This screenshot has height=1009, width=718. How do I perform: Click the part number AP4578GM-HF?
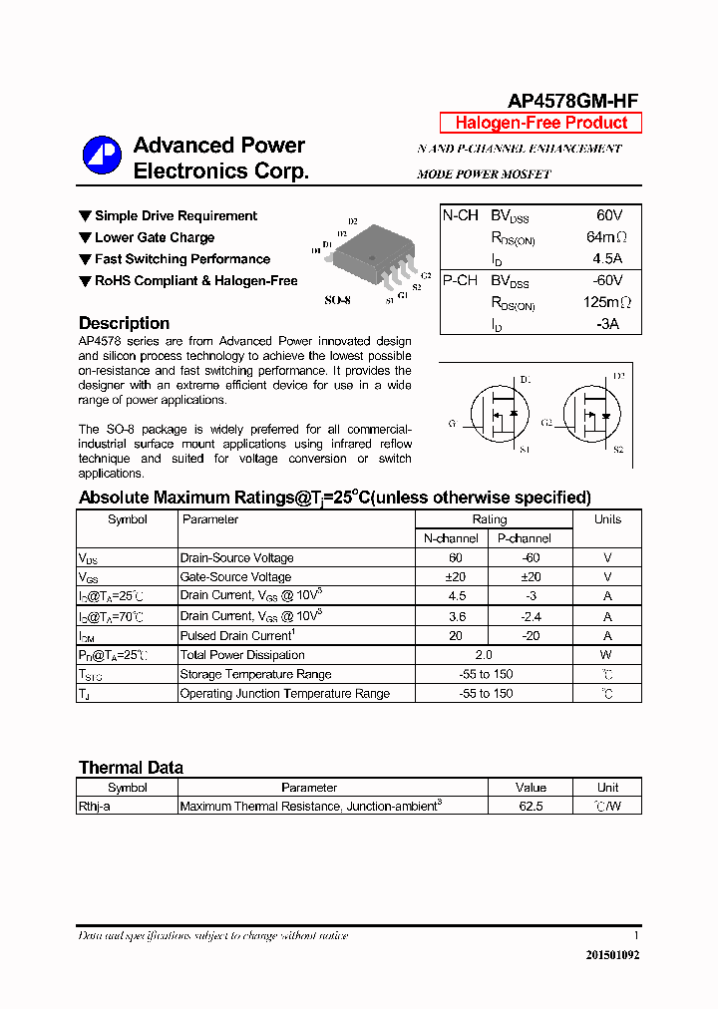point(573,100)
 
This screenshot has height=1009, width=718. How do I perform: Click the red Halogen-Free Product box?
point(540,123)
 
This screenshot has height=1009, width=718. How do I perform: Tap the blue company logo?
point(101,156)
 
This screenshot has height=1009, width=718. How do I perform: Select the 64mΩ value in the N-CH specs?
point(607,237)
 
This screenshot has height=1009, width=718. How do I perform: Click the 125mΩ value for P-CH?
point(607,302)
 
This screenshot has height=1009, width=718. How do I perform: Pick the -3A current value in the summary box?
point(608,324)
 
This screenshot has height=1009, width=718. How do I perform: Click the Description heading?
point(124,323)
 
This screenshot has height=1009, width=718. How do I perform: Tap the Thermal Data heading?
point(131,768)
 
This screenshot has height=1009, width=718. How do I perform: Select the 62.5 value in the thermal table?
point(532,806)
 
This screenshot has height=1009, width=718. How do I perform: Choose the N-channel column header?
point(451,538)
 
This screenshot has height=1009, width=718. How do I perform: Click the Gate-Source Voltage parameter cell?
point(235,577)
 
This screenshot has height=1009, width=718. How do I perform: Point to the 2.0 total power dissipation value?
point(484,655)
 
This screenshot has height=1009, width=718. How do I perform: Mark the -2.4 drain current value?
point(532,616)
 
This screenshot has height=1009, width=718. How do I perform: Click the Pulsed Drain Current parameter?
point(237,635)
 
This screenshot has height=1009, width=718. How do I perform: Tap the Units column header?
point(607,519)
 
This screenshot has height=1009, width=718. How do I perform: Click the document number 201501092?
point(612,954)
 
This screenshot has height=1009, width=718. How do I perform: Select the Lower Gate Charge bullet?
point(155,237)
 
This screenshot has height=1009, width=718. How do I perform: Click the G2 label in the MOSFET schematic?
point(546,423)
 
